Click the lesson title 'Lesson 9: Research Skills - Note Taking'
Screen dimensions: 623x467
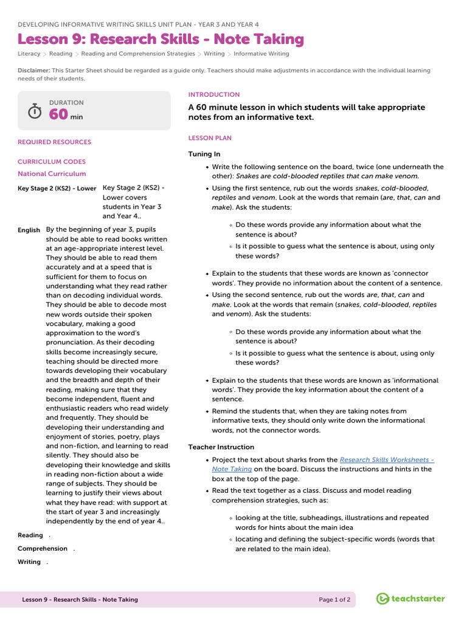coord(161,40)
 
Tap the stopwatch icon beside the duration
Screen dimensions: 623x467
coord(35,111)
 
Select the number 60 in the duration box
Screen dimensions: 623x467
coord(58,115)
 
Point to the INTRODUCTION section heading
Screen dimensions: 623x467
coord(214,95)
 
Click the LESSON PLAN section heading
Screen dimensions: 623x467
coord(210,138)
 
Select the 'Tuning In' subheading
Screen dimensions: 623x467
coord(204,155)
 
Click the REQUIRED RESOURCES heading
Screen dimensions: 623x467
coord(54,142)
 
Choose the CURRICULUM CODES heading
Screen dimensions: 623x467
coord(52,162)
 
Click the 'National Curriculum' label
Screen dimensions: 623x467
coord(52,174)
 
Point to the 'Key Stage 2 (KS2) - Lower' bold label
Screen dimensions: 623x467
coord(57,189)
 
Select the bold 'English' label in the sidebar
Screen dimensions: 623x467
coord(29,230)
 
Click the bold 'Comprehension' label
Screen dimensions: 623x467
coord(43,549)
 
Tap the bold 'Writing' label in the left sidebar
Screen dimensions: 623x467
coord(29,562)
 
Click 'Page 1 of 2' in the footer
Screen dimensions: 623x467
coord(334,600)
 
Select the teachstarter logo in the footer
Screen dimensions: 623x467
coord(410,599)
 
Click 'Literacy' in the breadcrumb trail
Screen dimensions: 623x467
coord(29,54)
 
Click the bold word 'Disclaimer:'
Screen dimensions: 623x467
coord(33,71)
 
